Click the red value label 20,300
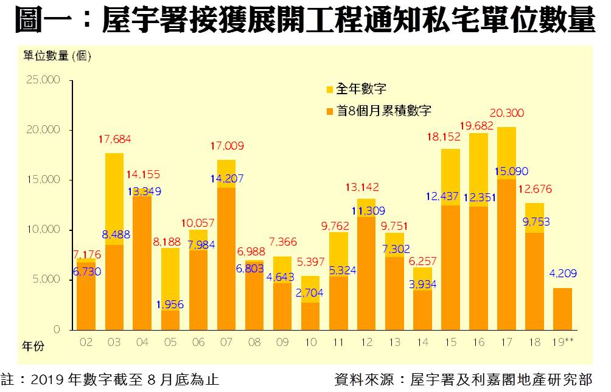pyautogui.click(x=506, y=113)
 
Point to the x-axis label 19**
pyautogui.click(x=562, y=343)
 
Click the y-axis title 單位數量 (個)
pyautogui.click(x=57, y=57)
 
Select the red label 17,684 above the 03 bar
pyautogui.click(x=114, y=139)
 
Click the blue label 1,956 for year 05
pyautogui.click(x=171, y=304)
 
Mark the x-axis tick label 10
pyautogui.click(x=310, y=343)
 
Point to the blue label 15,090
pyautogui.click(x=506, y=172)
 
